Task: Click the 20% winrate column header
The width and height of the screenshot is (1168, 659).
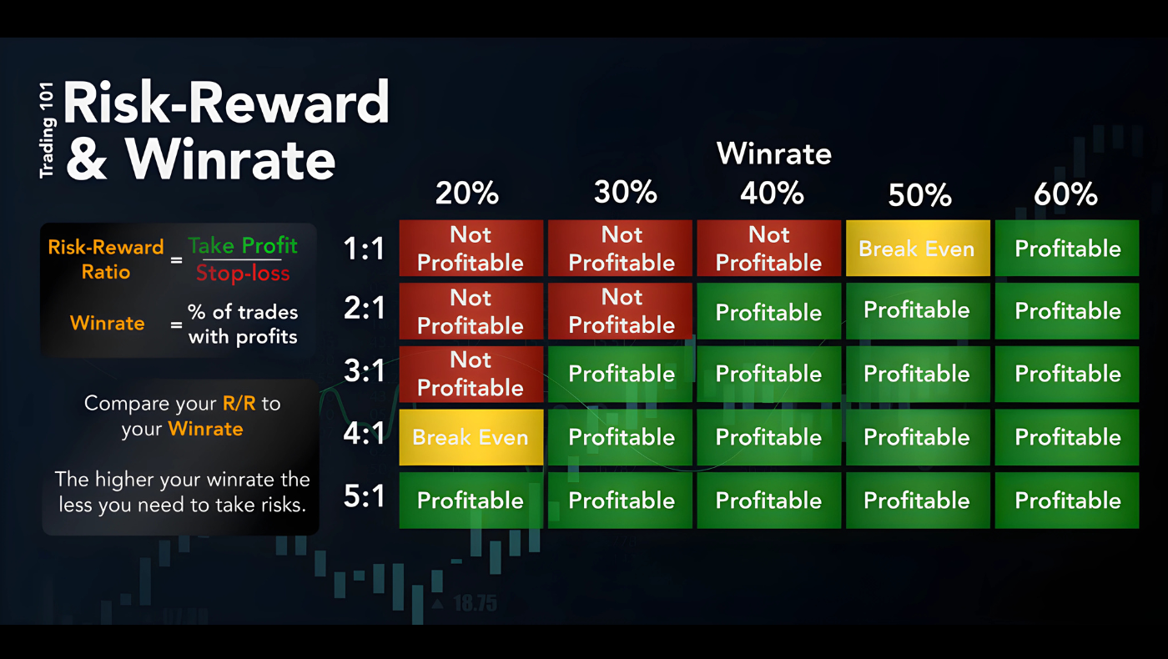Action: click(467, 193)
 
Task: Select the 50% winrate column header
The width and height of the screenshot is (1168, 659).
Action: click(919, 195)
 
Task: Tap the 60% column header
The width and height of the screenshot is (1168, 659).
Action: click(1066, 194)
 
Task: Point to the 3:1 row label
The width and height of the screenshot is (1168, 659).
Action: click(365, 370)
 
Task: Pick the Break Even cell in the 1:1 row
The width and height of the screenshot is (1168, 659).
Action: click(918, 249)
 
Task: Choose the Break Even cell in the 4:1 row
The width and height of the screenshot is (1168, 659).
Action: click(471, 437)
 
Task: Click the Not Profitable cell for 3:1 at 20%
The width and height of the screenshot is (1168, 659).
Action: click(471, 374)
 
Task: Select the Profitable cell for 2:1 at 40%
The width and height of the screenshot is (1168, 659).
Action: click(768, 311)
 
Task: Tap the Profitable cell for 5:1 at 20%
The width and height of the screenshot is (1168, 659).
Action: click(471, 500)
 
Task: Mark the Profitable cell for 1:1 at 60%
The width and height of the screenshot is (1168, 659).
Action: click(1067, 249)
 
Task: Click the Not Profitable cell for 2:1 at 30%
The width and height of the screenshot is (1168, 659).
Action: click(620, 311)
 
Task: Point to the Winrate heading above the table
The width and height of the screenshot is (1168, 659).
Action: click(774, 153)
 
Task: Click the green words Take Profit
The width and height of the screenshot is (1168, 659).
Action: click(243, 245)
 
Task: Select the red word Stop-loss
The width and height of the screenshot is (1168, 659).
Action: click(243, 274)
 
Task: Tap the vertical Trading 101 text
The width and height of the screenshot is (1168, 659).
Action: click(47, 130)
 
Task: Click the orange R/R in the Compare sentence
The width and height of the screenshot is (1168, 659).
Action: click(239, 403)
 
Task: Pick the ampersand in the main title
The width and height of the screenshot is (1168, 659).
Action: click(87, 159)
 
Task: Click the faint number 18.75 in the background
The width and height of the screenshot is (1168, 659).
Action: click(475, 604)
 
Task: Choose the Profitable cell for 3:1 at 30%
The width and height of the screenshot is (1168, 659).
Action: click(620, 374)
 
